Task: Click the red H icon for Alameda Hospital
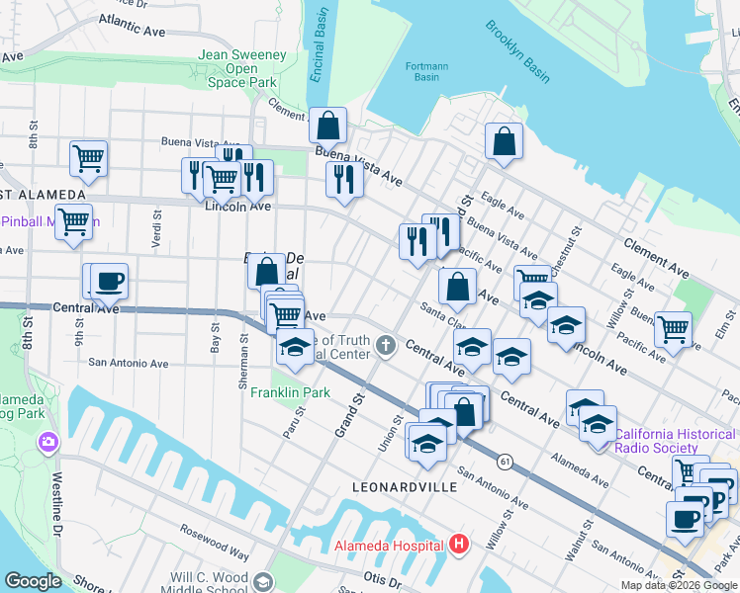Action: point(458,545)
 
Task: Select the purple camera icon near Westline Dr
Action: point(47,443)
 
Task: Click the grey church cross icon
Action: point(386,347)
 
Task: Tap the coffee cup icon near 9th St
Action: point(110,281)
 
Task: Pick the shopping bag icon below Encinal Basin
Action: point(327,126)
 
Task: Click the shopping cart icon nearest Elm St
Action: point(674,328)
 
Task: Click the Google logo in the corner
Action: point(34,581)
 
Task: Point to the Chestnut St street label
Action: point(567,237)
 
